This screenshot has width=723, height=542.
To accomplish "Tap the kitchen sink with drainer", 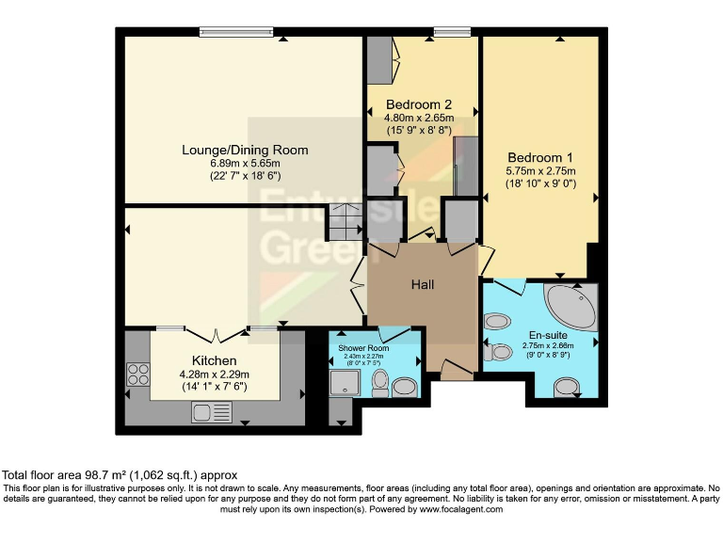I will pos(212,410).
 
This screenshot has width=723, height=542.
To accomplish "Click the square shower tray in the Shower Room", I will pos(344,383).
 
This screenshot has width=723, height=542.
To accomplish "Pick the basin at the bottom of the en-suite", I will pos(567,386).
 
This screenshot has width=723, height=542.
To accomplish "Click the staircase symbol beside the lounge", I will pos(345,224).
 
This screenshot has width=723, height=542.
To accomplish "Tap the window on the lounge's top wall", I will pos(236,32).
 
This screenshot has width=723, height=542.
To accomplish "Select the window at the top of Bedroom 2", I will pos(453,32).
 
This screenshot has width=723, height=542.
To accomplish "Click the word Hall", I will pos(422,284).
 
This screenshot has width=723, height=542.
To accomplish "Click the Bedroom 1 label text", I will pos(540,157).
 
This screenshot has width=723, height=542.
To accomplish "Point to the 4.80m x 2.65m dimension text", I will pos(419,118).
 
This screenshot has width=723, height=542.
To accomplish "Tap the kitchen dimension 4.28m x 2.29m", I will pos(215,374).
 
